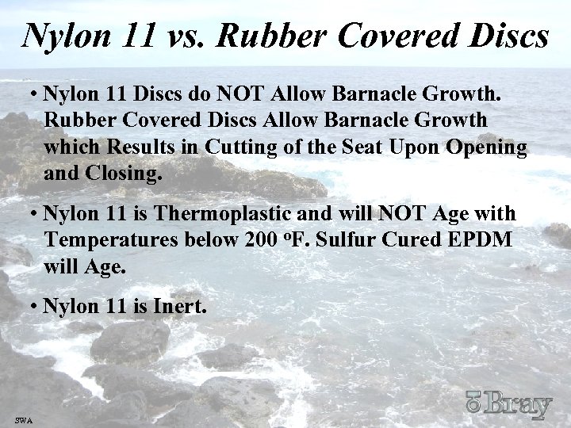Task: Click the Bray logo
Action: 508,405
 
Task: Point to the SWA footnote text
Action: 23,418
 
